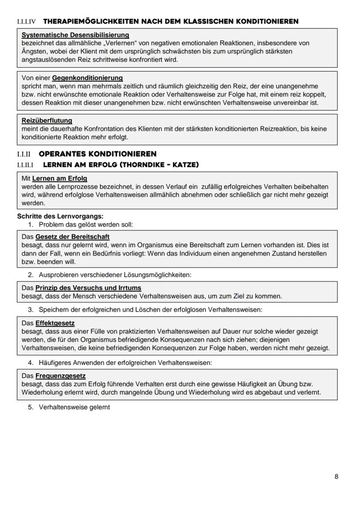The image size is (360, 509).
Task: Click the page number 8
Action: pos(337,476)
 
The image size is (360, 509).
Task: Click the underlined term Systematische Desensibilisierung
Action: pos(75,35)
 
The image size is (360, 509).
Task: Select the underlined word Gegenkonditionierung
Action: pos(87,78)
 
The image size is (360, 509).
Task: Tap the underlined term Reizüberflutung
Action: pos(47,120)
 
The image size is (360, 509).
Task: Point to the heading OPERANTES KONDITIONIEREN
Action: pos(97,154)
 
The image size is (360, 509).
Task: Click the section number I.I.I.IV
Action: pos(26,21)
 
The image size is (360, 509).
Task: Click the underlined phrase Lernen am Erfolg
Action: pos(60,178)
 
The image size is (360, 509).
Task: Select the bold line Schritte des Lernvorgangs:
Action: pos(60,216)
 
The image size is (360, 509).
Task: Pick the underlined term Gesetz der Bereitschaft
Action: pos(72,237)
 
